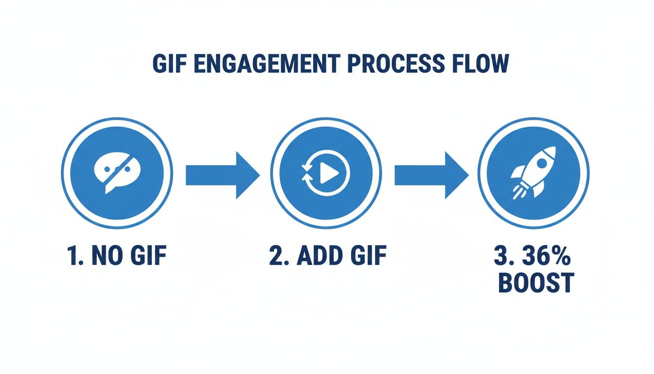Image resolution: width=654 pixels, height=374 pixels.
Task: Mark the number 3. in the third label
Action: click(506, 256)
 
